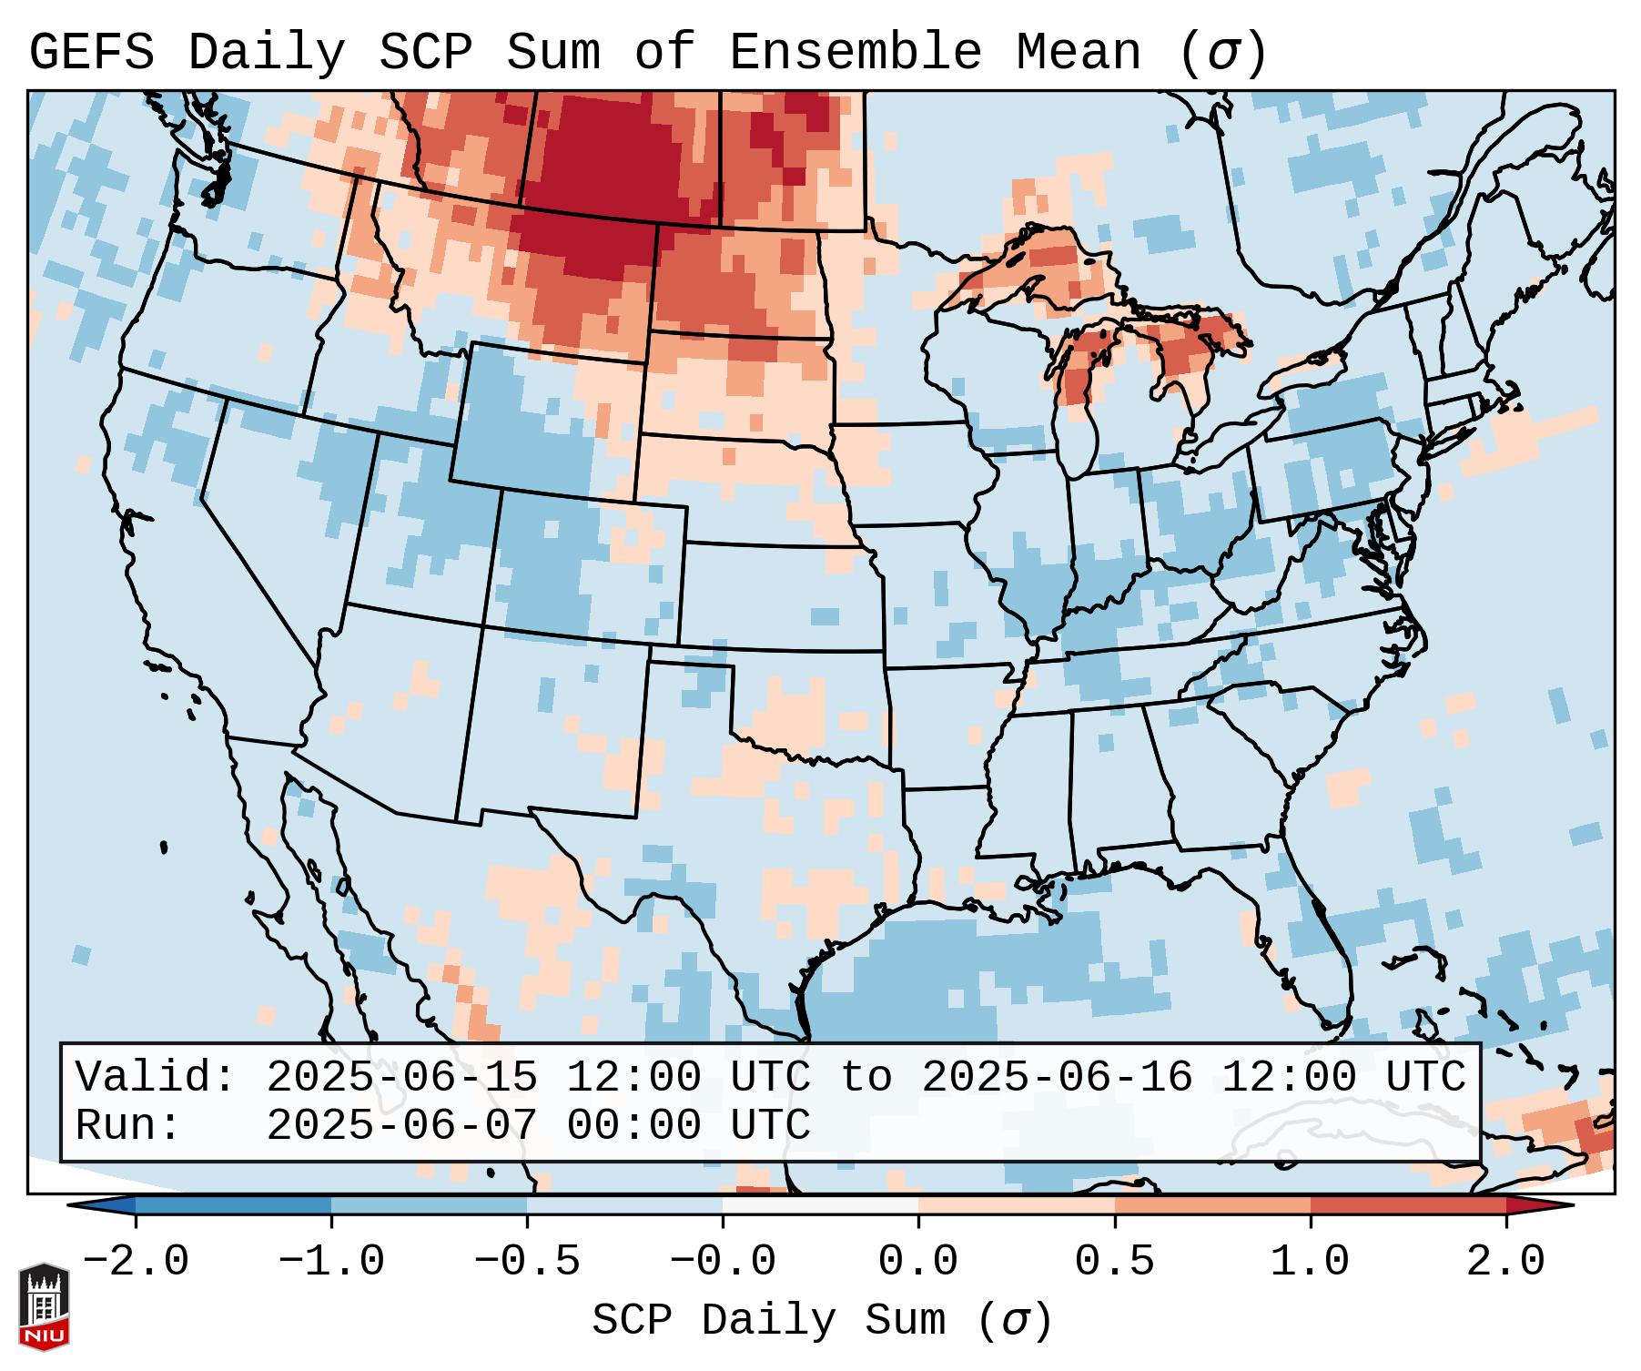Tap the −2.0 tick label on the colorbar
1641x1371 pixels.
click(x=136, y=1262)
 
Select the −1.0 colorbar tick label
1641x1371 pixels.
click(x=331, y=1262)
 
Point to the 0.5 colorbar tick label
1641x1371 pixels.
click(x=1114, y=1262)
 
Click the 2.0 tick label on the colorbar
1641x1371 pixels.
click(x=1505, y=1262)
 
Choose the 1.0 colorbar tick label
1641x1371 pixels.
click(x=1310, y=1262)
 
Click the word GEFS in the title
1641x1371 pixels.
click(x=92, y=52)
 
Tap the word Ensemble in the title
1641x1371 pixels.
click(x=856, y=52)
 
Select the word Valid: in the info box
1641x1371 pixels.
click(x=156, y=1077)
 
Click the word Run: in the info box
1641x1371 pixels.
click(x=128, y=1125)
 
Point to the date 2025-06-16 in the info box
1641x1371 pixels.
click(x=1057, y=1077)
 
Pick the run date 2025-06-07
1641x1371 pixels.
click(x=401, y=1125)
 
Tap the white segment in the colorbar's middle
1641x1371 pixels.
click(x=820, y=1205)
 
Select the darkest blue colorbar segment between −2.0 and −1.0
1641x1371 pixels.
click(x=233, y=1205)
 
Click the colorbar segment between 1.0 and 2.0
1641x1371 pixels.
click(x=1408, y=1205)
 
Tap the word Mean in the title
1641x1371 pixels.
click(x=1079, y=52)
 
